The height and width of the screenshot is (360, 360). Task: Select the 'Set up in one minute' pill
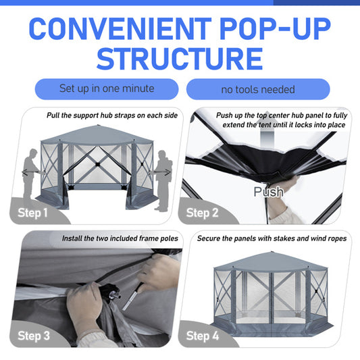coord(107,88)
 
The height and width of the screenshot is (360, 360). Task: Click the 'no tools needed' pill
coord(258,89)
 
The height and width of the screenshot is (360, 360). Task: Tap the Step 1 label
coord(32,213)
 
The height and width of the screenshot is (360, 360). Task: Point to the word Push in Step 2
coord(269,192)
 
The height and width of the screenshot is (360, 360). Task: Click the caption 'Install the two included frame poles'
coord(120,238)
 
